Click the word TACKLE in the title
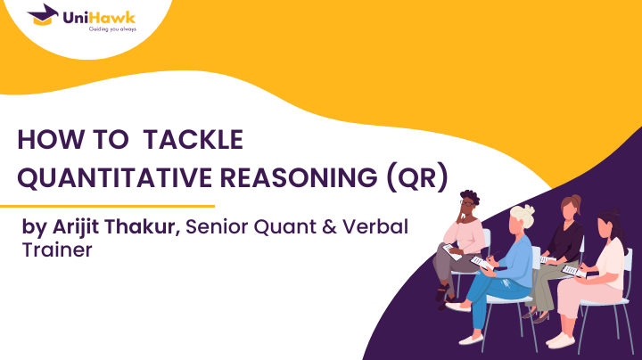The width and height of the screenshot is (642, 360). [x=193, y=140]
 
